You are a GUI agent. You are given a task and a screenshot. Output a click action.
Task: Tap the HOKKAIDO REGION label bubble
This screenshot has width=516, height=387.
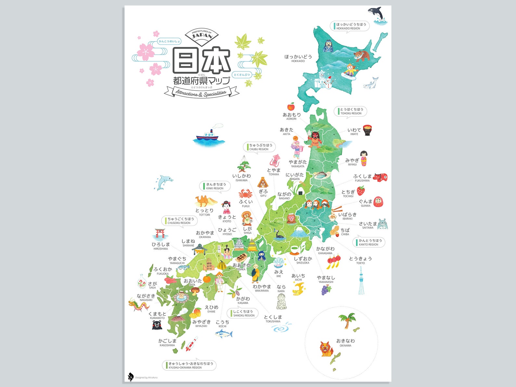point(350,26)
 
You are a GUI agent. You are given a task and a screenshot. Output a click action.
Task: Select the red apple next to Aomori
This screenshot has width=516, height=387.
point(290,106)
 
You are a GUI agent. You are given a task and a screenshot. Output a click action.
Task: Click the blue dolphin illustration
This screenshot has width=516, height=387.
point(161,182)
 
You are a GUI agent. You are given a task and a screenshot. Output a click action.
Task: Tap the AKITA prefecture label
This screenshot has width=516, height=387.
point(287,131)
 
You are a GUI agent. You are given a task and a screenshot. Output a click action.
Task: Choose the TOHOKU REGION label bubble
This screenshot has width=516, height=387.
point(350,111)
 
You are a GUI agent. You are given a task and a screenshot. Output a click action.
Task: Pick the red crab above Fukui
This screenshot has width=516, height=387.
point(245,194)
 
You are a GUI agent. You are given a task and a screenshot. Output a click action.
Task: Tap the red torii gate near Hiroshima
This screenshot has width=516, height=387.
point(160,233)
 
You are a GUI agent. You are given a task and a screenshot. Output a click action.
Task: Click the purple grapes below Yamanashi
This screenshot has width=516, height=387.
point(326,290)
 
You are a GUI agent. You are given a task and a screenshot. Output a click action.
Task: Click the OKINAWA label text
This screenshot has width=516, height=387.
point(345,343)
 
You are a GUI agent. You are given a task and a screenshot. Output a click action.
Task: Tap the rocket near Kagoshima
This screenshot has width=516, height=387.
point(192,344)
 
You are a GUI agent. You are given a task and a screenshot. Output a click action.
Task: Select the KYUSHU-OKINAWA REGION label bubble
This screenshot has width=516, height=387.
point(189,365)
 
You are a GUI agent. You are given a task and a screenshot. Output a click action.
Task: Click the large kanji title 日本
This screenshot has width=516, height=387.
point(201,60)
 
